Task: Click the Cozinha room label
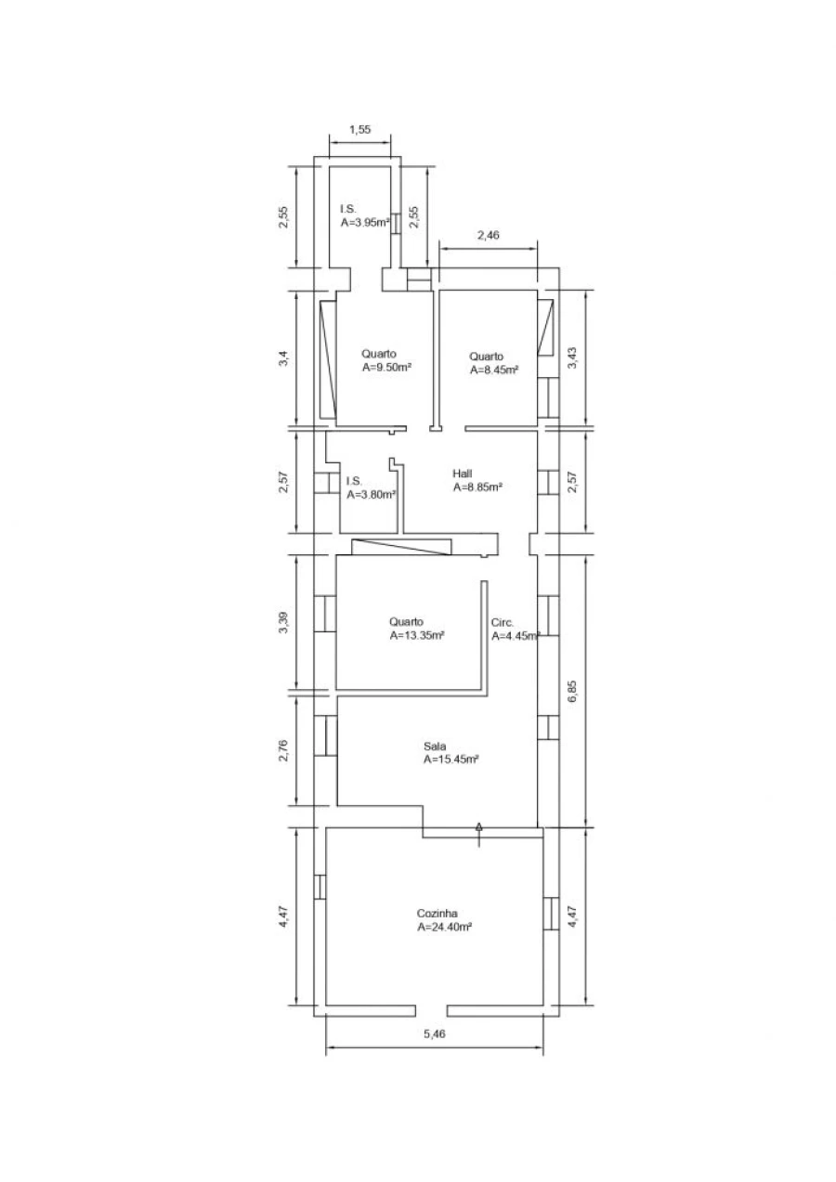tap(437, 914)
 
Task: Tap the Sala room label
tap(435, 747)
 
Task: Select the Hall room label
tap(463, 474)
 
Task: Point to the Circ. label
tap(502, 622)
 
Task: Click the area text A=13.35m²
tap(417, 636)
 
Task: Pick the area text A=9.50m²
tap(386, 368)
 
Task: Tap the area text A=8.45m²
tap(494, 370)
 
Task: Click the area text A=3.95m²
tap(365, 222)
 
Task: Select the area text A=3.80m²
tap(372, 495)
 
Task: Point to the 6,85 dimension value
tap(573, 691)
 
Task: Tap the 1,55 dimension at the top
tap(360, 129)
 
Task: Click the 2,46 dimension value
tap(489, 235)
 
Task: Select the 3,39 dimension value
tap(283, 622)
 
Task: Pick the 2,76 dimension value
tap(283, 750)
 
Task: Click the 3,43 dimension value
tap(573, 357)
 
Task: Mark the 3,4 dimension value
tap(283, 358)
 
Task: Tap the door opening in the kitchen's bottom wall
tap(431, 1010)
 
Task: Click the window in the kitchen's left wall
tap(320, 887)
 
